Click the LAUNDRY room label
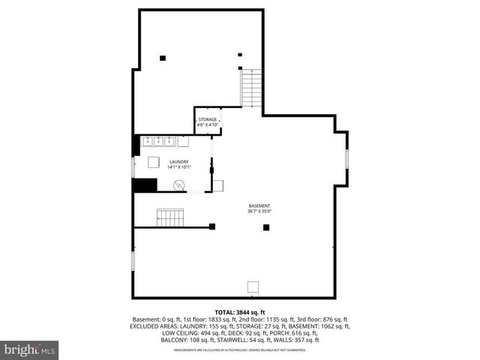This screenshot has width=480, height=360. click(178, 161)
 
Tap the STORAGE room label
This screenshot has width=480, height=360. click(208, 119)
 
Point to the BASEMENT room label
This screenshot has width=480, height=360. click(259, 206)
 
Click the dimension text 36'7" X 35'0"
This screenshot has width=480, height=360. click(259, 211)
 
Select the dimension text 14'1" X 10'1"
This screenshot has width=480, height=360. click(178, 166)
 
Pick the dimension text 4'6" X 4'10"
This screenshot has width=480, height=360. click(208, 124)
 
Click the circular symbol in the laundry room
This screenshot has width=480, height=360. click(179, 186)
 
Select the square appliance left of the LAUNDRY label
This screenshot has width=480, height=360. click(154, 162)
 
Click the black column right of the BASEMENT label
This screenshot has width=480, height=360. click(265, 227)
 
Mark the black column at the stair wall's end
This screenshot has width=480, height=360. click(213, 226)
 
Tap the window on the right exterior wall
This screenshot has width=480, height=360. click(346, 159)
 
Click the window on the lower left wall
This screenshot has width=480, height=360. click(133, 261)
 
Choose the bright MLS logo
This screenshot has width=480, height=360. click(30, 349)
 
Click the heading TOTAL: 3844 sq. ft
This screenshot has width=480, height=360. click(240, 312)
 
